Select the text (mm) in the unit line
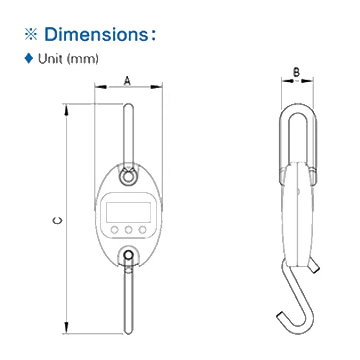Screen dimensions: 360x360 83,59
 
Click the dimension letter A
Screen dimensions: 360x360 127,81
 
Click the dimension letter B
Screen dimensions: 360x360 296,73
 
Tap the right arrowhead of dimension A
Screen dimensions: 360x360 157,86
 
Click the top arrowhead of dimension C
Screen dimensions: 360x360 66,109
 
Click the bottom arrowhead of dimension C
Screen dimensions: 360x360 66,327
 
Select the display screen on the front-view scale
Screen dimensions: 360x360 128,212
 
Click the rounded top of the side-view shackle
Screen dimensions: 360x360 298,108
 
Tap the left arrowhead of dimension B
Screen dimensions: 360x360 287,81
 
